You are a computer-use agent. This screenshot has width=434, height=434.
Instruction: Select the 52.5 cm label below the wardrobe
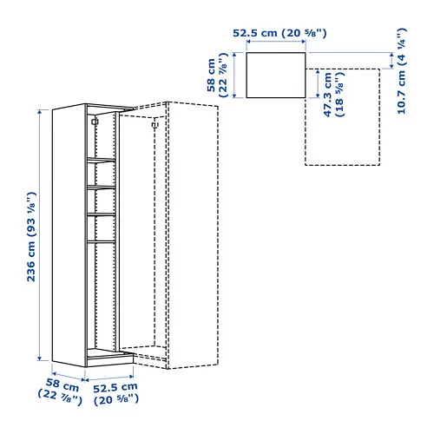115,392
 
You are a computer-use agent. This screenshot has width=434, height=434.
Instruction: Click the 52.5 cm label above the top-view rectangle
278,34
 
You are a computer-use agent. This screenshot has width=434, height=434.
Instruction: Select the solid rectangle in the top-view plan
277,74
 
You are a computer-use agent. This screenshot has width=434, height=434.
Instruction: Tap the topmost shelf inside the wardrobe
100,159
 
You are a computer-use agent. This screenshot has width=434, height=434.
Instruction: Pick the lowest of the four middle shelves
100,240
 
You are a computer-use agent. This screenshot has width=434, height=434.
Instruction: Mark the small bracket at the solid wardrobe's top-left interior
93,123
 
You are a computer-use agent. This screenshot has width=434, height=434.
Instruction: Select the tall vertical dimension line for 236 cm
40,235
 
